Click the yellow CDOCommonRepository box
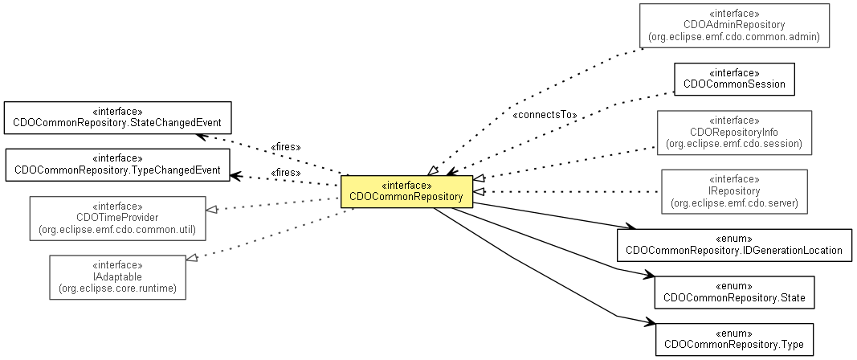click(x=406, y=191)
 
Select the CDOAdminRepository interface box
click(x=734, y=25)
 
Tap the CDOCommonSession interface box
click(x=734, y=79)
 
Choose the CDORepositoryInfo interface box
click(x=734, y=133)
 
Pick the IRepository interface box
click(x=734, y=191)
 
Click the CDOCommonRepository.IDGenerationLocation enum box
click(x=734, y=245)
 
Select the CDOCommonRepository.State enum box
click(x=734, y=292)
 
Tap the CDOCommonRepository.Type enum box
click(x=734, y=340)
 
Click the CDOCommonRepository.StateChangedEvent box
click(x=118, y=118)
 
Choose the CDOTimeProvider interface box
click(x=117, y=216)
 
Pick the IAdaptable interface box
click(x=117, y=277)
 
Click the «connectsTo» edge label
click(x=545, y=115)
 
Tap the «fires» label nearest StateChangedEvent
click(x=286, y=147)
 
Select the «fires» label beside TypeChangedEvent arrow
click(x=286, y=172)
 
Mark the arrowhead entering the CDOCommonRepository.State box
click(x=647, y=276)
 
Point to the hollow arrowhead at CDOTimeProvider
click(x=211, y=209)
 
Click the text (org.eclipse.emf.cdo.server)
click(x=734, y=203)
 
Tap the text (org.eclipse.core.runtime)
click(x=117, y=288)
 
